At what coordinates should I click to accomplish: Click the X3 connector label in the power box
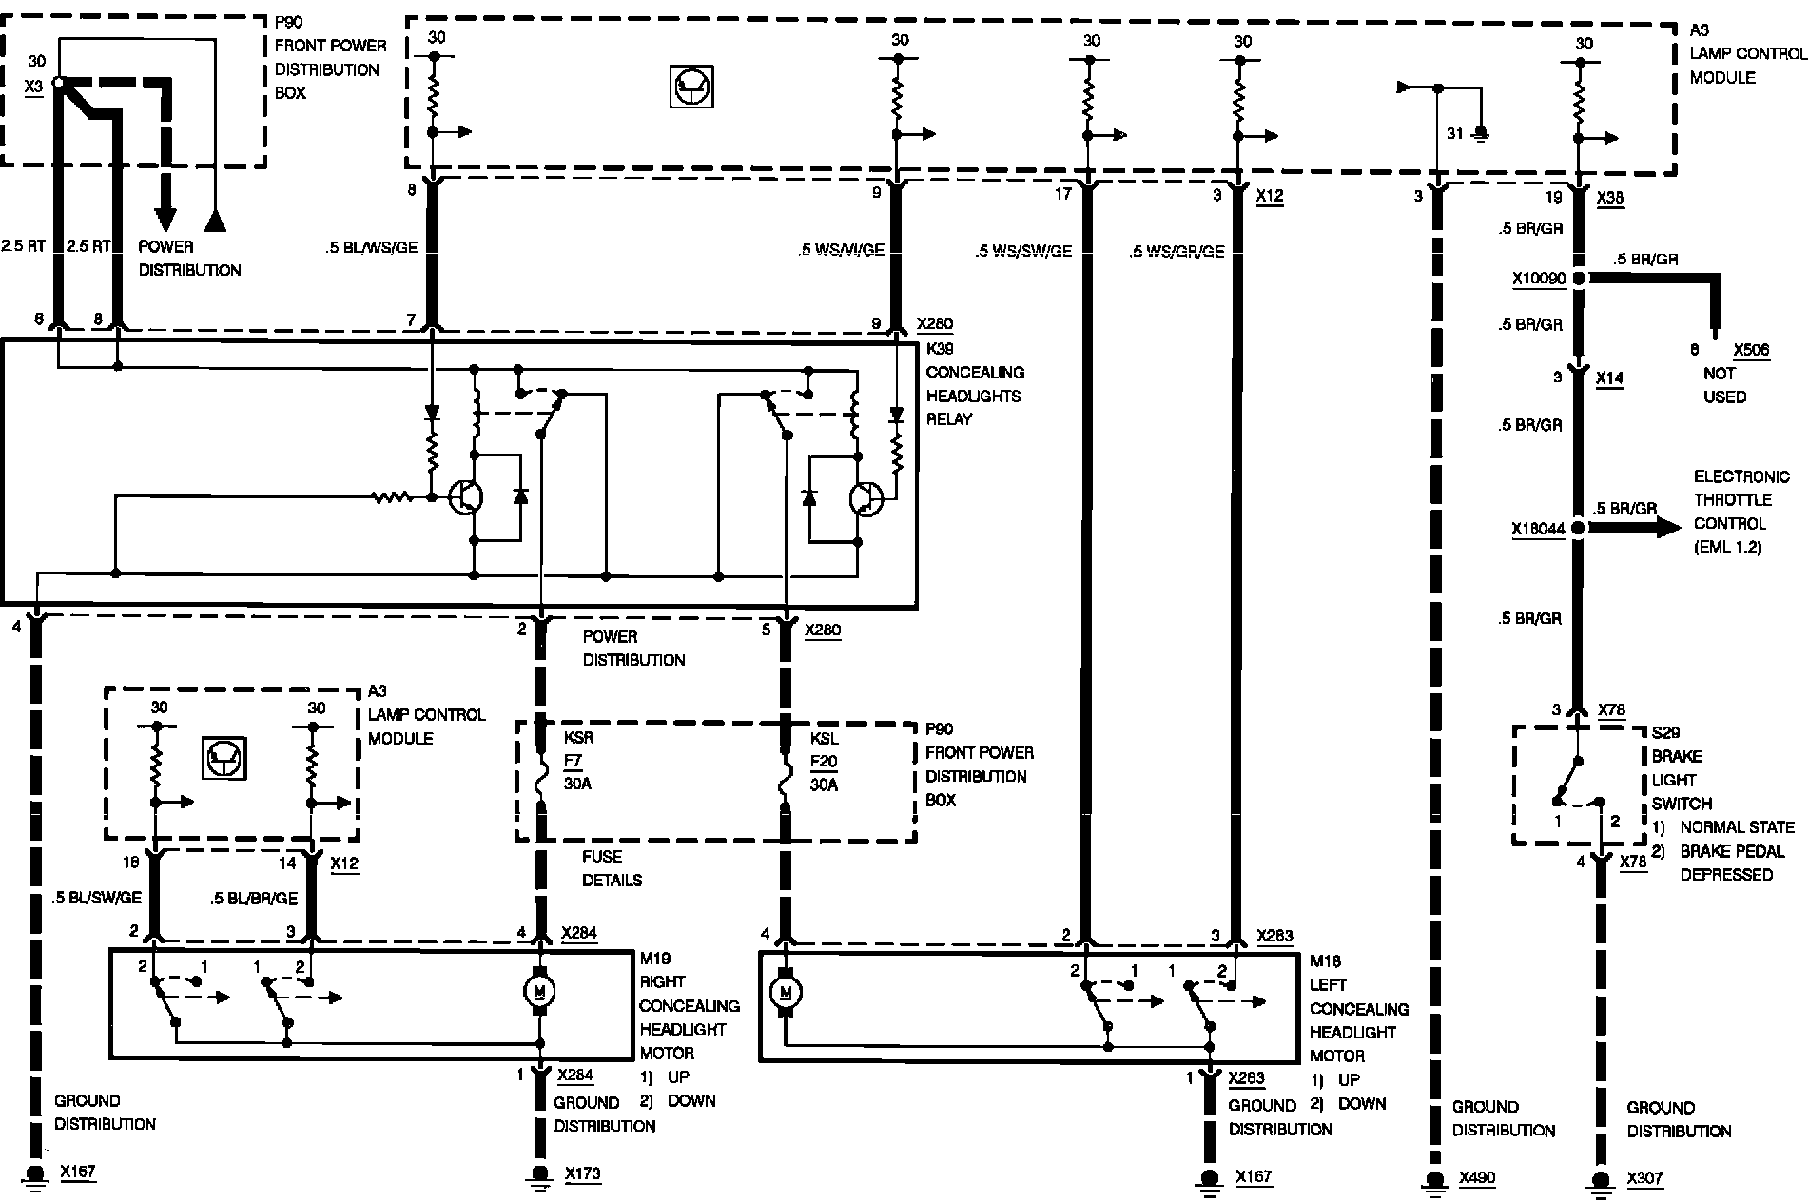(x=34, y=85)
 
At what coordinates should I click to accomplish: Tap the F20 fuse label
(x=823, y=762)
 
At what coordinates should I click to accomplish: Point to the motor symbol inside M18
(x=786, y=993)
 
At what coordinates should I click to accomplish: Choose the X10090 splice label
(x=1538, y=279)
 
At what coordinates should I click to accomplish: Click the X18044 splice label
(x=1538, y=529)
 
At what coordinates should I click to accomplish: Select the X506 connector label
(x=1751, y=350)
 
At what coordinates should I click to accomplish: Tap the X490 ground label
(x=1476, y=1178)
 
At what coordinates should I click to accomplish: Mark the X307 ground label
(x=1644, y=1178)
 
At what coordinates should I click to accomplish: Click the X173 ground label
(x=582, y=1173)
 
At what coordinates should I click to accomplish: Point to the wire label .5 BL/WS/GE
(x=372, y=248)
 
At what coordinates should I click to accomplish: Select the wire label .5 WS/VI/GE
(x=841, y=250)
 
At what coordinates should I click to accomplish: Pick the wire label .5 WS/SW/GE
(x=1022, y=251)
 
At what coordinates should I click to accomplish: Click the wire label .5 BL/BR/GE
(x=254, y=898)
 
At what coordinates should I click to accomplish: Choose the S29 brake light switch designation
(x=1665, y=733)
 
